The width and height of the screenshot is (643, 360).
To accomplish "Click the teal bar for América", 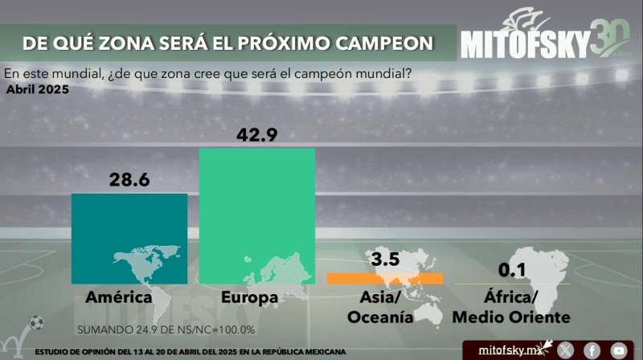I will (x=129, y=238).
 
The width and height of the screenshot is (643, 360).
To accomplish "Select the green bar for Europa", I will (x=257, y=217).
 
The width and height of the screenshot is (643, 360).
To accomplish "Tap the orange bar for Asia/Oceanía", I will (x=384, y=278).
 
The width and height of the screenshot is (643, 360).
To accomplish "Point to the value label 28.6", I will (x=130, y=180).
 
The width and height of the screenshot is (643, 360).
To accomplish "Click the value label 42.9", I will (x=257, y=135).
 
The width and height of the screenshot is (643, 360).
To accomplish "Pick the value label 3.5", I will (x=385, y=260).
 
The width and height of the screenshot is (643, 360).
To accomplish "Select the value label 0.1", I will (x=511, y=267).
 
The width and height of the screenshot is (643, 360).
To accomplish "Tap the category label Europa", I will (x=250, y=298).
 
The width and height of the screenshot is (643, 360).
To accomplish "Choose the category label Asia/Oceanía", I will (x=380, y=308).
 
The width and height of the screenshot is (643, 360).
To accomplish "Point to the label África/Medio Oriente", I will (x=511, y=308).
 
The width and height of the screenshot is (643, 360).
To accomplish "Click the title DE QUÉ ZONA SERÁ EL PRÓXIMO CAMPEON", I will (x=227, y=41).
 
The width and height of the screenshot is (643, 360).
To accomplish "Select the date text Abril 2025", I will (x=37, y=89).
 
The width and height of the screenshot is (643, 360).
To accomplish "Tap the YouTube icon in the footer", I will (x=618, y=350).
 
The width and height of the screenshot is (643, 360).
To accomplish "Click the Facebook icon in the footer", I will (x=592, y=350).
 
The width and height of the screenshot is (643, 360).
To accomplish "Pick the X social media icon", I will (x=566, y=350).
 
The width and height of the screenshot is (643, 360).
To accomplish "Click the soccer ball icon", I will (x=35, y=325).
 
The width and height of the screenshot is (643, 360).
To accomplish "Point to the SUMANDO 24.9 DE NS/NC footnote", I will (x=166, y=329).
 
